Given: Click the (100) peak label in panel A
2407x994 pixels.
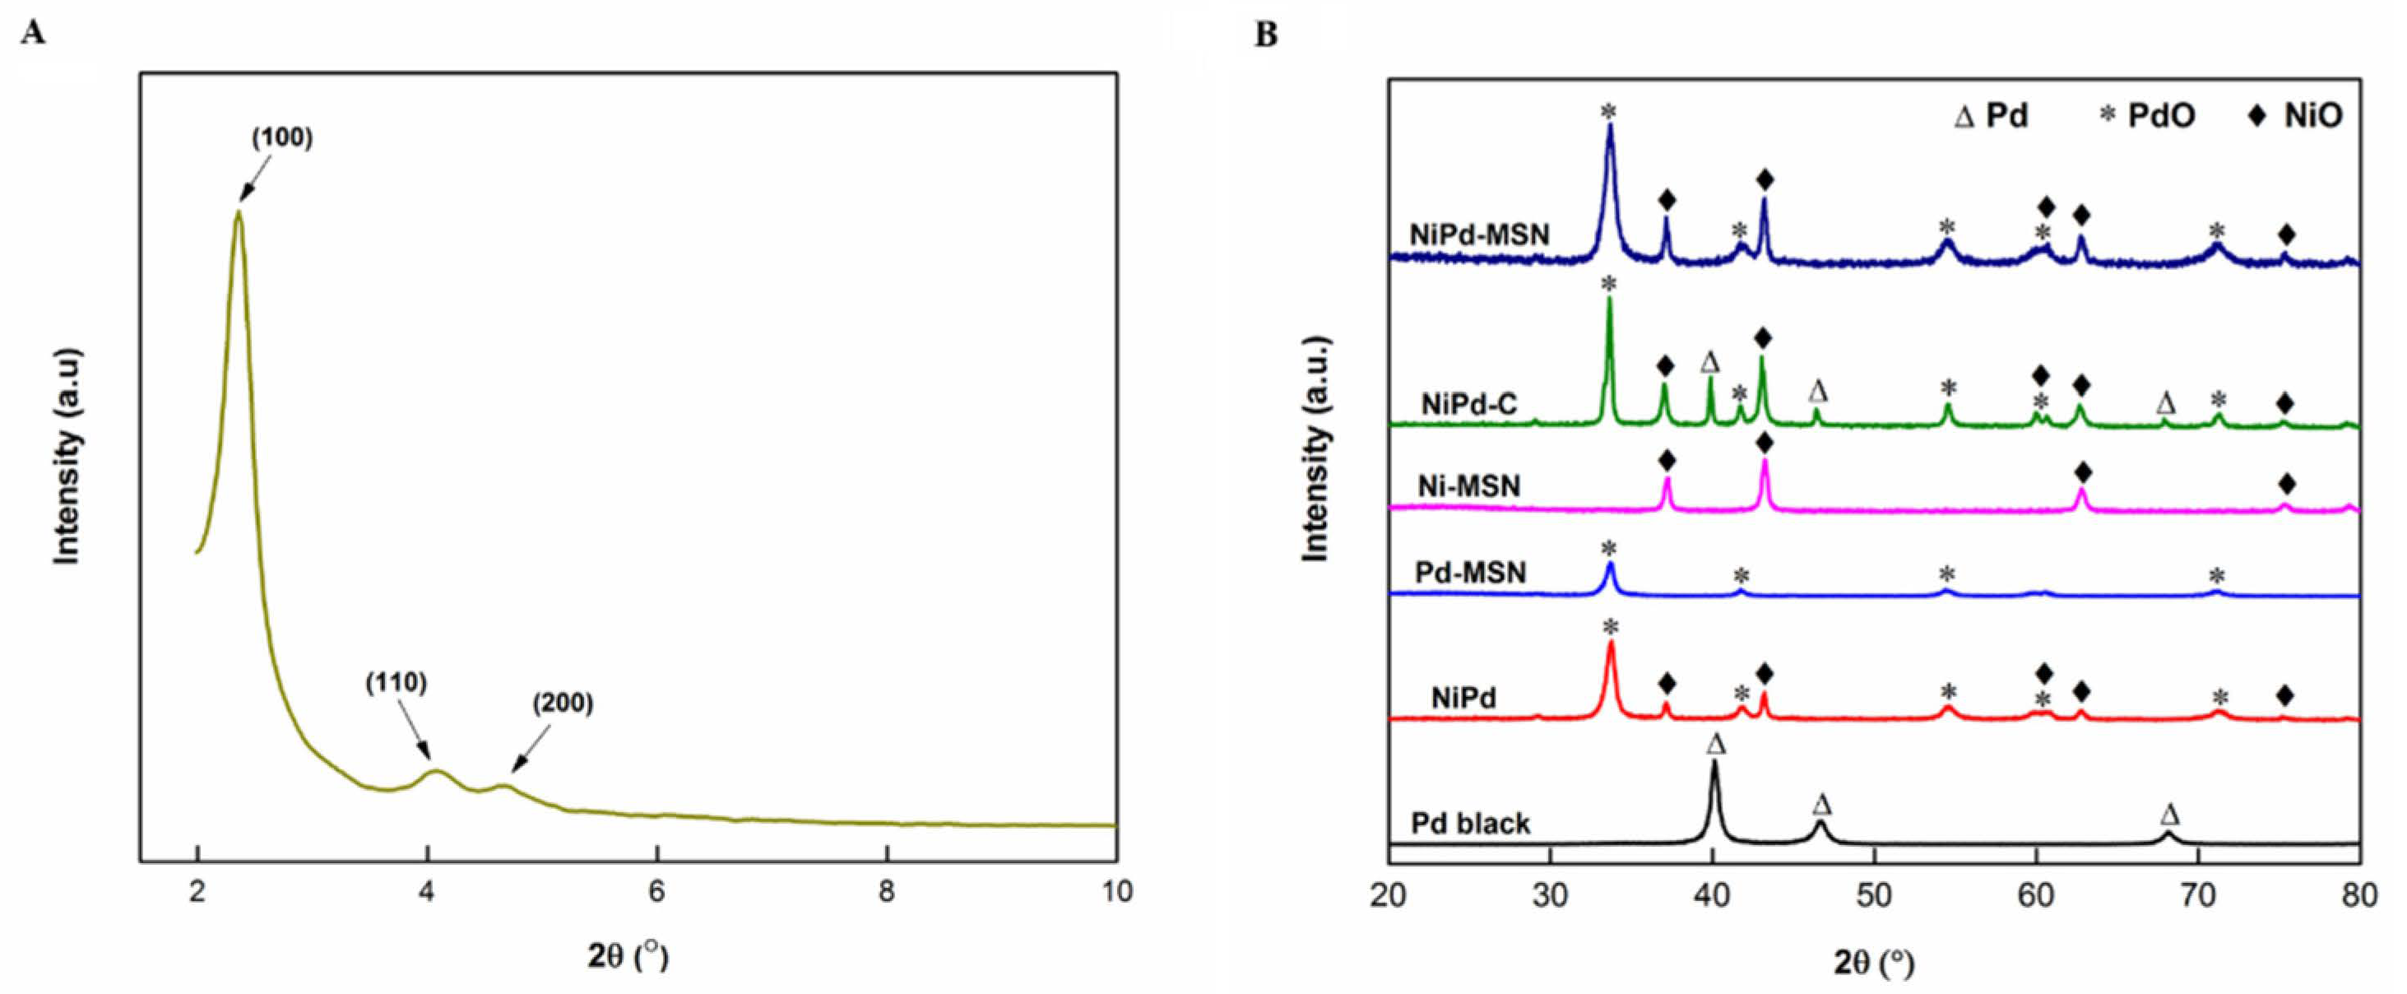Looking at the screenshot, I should (x=282, y=138).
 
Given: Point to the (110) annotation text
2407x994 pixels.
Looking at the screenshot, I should (x=397, y=684).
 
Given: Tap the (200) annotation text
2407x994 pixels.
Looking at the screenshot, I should (x=563, y=704).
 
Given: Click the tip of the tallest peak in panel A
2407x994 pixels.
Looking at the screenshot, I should (x=239, y=212).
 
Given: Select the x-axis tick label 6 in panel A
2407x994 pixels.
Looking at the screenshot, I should (x=657, y=892).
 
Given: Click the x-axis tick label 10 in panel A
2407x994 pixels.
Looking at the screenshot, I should (x=1115, y=892).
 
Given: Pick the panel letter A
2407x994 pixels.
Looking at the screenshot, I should (x=33, y=35).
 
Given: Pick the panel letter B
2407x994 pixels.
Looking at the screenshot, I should (x=1266, y=35).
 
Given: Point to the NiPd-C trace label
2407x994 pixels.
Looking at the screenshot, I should (x=1469, y=405).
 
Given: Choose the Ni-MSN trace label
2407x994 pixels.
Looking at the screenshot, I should (x=1469, y=485).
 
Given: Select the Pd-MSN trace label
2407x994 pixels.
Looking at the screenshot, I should (x=1470, y=572).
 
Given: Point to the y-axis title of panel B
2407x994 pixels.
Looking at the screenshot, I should (x=1315, y=448).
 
